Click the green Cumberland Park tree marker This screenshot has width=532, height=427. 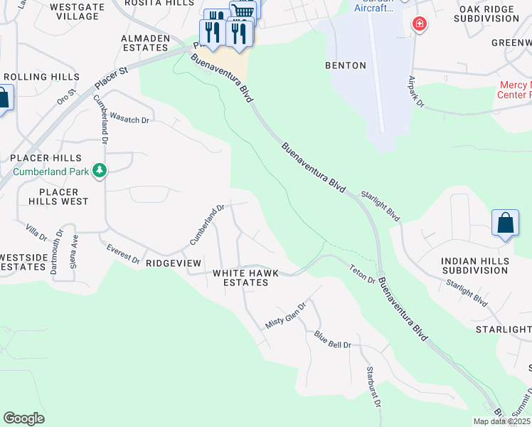100,171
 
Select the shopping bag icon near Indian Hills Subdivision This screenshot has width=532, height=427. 504,223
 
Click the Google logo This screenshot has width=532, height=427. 23,418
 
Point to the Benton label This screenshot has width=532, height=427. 346,65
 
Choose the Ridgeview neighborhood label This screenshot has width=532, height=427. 174,263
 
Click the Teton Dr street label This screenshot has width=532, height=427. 361,274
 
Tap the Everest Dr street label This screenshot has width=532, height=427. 123,254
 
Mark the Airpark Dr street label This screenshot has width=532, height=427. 415,93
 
